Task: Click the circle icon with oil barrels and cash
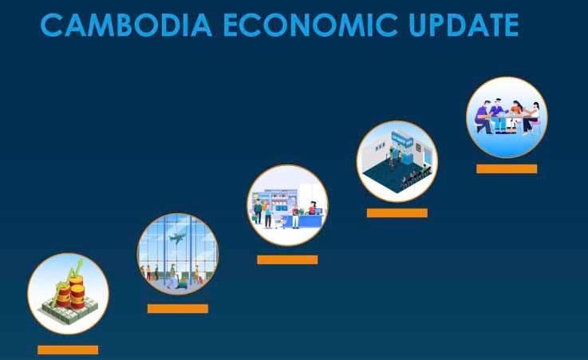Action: coord(68,294)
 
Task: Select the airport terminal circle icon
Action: coord(177,254)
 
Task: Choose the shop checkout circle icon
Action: coord(287,205)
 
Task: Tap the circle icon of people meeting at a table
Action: coord(507,117)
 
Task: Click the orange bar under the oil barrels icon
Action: coord(68,350)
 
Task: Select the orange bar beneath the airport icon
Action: coord(177,308)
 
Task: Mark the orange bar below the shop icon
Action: coord(287,259)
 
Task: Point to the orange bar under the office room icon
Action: coord(397,213)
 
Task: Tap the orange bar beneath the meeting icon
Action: coord(507,168)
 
